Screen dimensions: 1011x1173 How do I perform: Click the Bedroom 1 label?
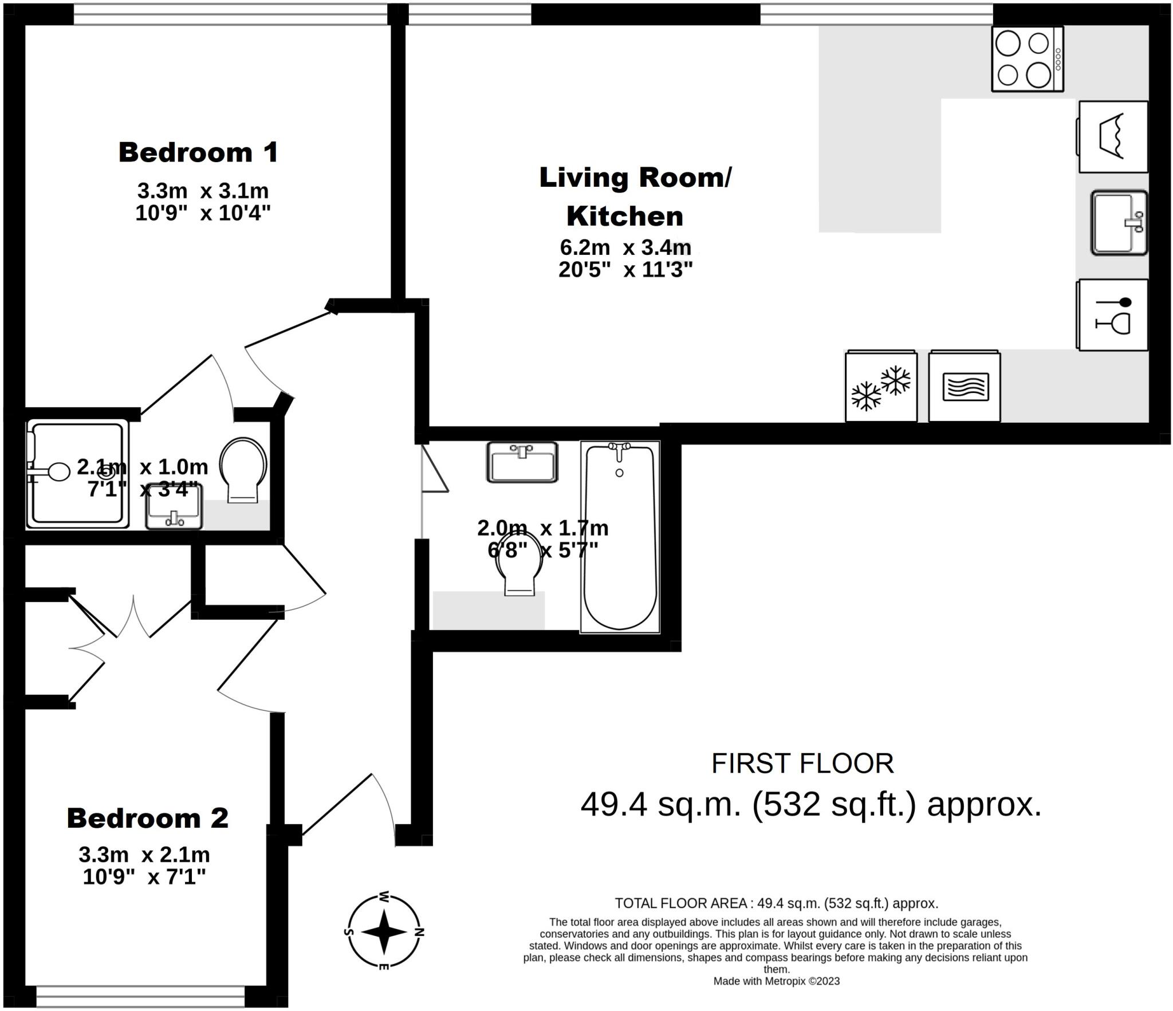198,152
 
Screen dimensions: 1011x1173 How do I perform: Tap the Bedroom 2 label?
148,818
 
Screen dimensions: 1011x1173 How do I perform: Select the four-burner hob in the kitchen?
1028,59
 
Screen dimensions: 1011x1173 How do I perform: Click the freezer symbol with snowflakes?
881,387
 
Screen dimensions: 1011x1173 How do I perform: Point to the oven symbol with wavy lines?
965,387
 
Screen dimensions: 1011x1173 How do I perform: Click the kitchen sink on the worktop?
1118,223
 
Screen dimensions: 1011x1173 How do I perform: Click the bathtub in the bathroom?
620,537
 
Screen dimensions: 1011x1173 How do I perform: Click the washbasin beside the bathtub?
522,462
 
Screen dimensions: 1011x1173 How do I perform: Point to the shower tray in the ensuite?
77,474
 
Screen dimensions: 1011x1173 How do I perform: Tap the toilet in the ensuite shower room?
243,469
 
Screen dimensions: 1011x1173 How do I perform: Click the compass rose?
384,932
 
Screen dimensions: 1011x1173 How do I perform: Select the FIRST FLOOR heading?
802,764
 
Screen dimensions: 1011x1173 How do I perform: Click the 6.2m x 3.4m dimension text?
625,248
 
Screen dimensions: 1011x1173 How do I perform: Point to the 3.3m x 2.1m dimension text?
144,855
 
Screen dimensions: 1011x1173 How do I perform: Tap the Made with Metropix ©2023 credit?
776,981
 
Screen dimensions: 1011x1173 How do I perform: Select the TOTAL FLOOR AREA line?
776,903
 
